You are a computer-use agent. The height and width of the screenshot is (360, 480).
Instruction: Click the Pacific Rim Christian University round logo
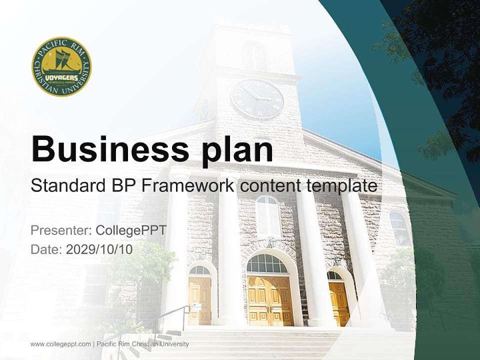pyautogui.click(x=61, y=66)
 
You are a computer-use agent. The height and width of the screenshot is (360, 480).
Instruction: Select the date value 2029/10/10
pyautogui.click(x=99, y=249)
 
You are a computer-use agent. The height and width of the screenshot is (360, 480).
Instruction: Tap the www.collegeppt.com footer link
pyautogui.click(x=60, y=344)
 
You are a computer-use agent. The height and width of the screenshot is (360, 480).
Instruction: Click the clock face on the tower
pyautogui.click(x=257, y=98)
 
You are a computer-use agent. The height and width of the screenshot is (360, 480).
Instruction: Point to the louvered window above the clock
pyautogui.click(x=254, y=55)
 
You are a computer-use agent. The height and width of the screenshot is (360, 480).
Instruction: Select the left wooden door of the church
pyautogui.click(x=199, y=300)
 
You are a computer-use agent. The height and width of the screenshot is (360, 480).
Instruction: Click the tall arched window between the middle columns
pyautogui.click(x=268, y=216)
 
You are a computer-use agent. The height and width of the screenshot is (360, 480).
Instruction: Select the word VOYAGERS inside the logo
pyautogui.click(x=61, y=78)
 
